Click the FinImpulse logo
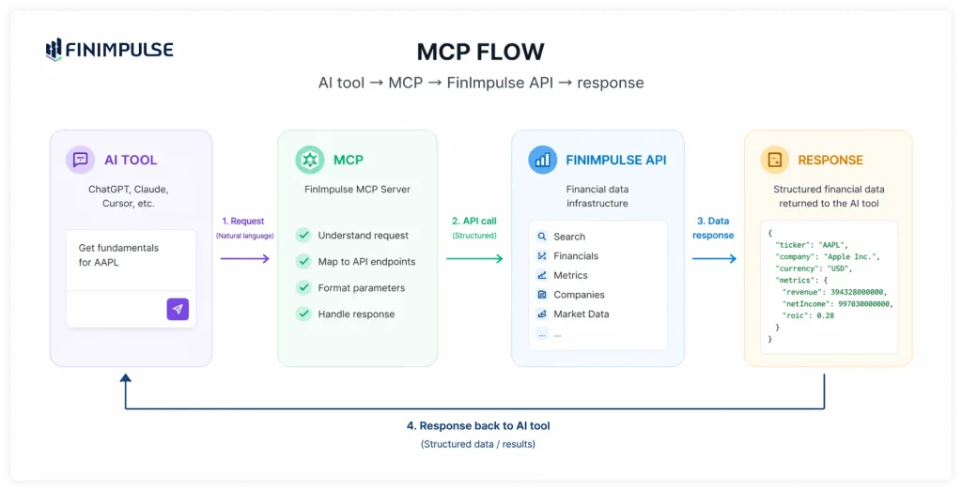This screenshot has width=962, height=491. point(109,50)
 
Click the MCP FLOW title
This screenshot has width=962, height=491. point(480,52)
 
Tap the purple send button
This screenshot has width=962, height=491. point(178,309)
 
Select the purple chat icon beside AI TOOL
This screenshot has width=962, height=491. point(80,160)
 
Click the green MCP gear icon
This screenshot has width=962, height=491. point(309,160)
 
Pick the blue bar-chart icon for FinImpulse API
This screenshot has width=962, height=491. point(542,160)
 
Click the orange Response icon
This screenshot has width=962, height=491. point(774,160)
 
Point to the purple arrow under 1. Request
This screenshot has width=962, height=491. point(245,258)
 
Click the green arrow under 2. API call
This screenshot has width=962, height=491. point(474,258)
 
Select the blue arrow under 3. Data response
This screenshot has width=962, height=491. point(714,258)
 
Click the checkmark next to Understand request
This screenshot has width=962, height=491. point(303,236)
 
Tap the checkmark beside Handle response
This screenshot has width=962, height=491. point(303,314)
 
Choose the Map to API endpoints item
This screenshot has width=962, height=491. point(366,262)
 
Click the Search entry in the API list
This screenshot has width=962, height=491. point(569,237)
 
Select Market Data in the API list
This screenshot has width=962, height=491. point(582,314)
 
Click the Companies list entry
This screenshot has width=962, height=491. point(579,295)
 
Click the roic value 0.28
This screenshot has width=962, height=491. point(824,315)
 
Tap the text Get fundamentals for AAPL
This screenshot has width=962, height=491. point(118,255)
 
